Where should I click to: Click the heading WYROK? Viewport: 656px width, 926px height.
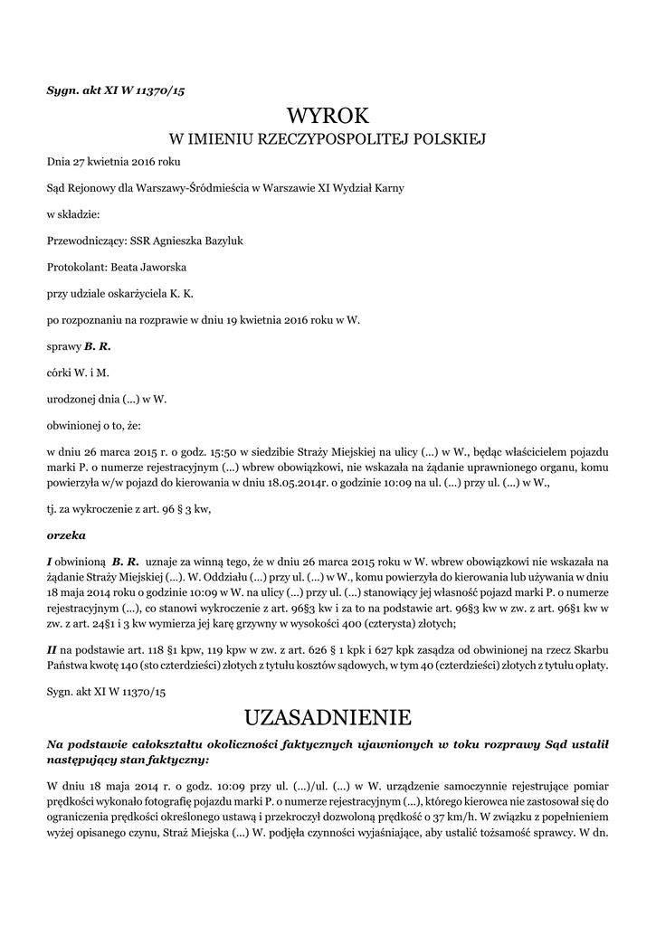[328, 116]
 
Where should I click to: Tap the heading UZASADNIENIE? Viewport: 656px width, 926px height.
[328, 718]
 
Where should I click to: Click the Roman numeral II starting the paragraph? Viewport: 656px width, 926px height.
[52, 649]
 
